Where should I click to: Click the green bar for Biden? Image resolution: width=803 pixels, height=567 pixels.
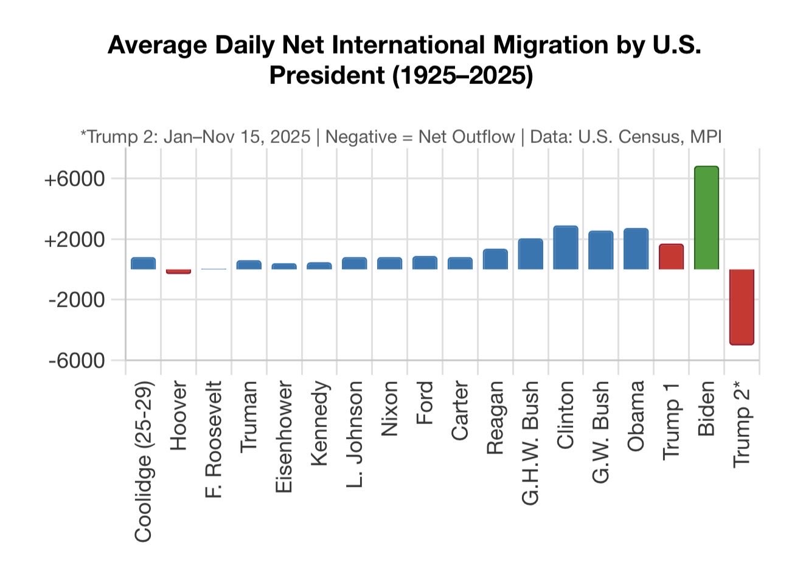click(x=706, y=218)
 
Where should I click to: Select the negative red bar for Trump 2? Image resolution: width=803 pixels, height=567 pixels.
click(x=742, y=307)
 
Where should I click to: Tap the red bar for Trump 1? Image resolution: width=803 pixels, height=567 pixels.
click(x=672, y=257)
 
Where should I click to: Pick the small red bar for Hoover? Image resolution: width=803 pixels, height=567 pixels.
click(x=178, y=271)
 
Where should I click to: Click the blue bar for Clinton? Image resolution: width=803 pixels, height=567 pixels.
click(x=566, y=247)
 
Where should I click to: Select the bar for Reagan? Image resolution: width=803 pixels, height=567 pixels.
click(x=495, y=259)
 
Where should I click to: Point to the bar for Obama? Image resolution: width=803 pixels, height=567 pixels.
click(x=636, y=249)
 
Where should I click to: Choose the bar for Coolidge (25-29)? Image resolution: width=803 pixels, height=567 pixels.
click(x=143, y=263)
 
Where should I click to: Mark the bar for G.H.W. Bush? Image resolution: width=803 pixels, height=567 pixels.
click(x=530, y=254)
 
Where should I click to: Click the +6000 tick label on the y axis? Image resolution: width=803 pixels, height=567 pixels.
click(x=75, y=179)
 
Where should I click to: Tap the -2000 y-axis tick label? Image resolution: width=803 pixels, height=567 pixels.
click(x=77, y=300)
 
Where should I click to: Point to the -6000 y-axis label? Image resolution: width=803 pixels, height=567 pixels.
click(x=77, y=361)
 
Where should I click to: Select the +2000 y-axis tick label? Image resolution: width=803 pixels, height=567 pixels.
click(x=75, y=240)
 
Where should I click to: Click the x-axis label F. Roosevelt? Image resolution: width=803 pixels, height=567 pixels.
click(x=214, y=439)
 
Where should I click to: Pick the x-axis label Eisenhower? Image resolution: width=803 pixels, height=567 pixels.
click(x=284, y=437)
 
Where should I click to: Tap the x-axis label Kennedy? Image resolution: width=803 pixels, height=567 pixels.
click(x=319, y=423)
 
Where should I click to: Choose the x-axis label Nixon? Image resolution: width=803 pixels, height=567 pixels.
click(x=389, y=409)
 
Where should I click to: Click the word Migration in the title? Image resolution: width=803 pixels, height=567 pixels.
click(x=551, y=46)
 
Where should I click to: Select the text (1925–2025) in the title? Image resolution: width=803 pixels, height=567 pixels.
click(x=463, y=75)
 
